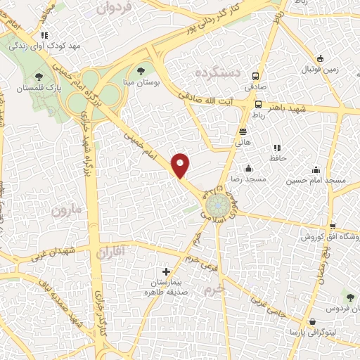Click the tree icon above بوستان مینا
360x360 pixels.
pos(141,70)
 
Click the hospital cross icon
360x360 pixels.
pos(166,271)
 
